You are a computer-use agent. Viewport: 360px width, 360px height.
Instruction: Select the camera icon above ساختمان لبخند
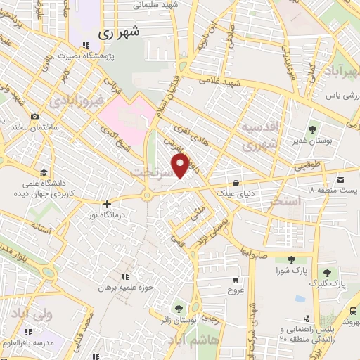point(34,117)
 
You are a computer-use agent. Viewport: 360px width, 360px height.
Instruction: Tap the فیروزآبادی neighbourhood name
point(77,101)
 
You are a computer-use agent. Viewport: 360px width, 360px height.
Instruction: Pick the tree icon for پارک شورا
point(291,259)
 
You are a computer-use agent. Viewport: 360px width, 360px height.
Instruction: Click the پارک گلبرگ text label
point(327,285)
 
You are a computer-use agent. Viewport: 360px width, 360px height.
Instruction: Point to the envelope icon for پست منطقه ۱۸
point(341,179)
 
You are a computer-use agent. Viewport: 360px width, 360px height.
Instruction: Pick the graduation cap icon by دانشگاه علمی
point(44,172)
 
